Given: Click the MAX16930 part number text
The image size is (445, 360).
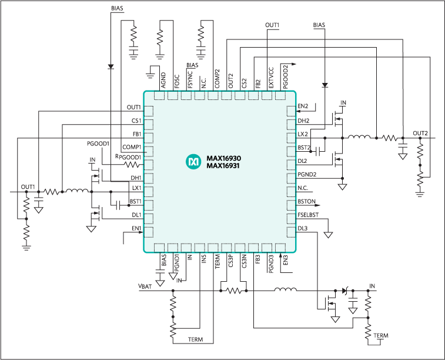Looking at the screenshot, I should click(x=224, y=159).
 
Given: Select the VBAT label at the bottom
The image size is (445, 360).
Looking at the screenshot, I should click(x=145, y=286).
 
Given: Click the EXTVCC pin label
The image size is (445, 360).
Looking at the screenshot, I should click(x=271, y=78).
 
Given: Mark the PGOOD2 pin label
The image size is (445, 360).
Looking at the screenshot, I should click(x=286, y=76).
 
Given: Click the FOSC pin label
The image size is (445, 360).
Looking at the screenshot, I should click(x=177, y=81).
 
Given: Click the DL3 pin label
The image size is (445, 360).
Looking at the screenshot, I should click(x=303, y=228).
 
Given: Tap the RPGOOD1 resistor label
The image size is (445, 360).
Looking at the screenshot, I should click(x=128, y=157).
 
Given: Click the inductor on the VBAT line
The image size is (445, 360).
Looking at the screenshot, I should click(x=286, y=289).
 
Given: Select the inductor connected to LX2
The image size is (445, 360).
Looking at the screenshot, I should click(x=359, y=138).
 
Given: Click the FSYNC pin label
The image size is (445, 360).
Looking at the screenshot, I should click(x=190, y=79).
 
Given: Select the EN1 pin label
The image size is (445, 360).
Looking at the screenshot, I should click(x=136, y=228).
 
